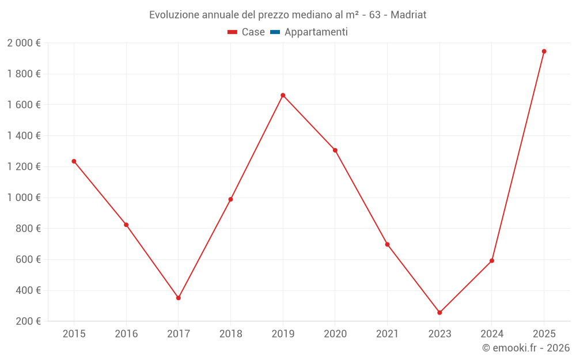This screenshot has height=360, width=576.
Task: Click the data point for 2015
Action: (x=74, y=161)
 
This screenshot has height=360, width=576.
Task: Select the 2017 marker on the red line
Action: (x=179, y=298)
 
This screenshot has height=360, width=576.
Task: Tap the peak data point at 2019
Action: (x=283, y=95)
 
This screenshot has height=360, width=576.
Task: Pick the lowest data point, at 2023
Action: (x=439, y=313)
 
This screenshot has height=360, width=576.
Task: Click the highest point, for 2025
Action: (x=544, y=51)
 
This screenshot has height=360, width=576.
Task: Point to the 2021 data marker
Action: (x=387, y=244)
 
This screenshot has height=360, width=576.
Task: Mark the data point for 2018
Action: (x=230, y=199)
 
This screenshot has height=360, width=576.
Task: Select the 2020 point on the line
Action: (x=335, y=150)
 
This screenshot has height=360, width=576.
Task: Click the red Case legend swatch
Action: (x=232, y=32)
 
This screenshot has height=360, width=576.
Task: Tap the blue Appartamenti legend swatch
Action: (x=275, y=32)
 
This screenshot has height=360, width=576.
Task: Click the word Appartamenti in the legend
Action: (x=316, y=32)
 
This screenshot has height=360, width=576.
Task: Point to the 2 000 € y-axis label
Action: (x=24, y=43)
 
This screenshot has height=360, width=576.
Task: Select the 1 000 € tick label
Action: (x=24, y=198)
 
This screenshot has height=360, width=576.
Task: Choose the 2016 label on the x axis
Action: (x=126, y=334)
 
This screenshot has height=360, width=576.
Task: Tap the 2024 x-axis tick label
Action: (x=491, y=334)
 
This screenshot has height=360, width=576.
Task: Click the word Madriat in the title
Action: (x=408, y=15)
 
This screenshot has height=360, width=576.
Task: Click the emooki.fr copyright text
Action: (x=525, y=348)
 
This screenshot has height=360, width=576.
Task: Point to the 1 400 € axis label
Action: (x=24, y=136)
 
